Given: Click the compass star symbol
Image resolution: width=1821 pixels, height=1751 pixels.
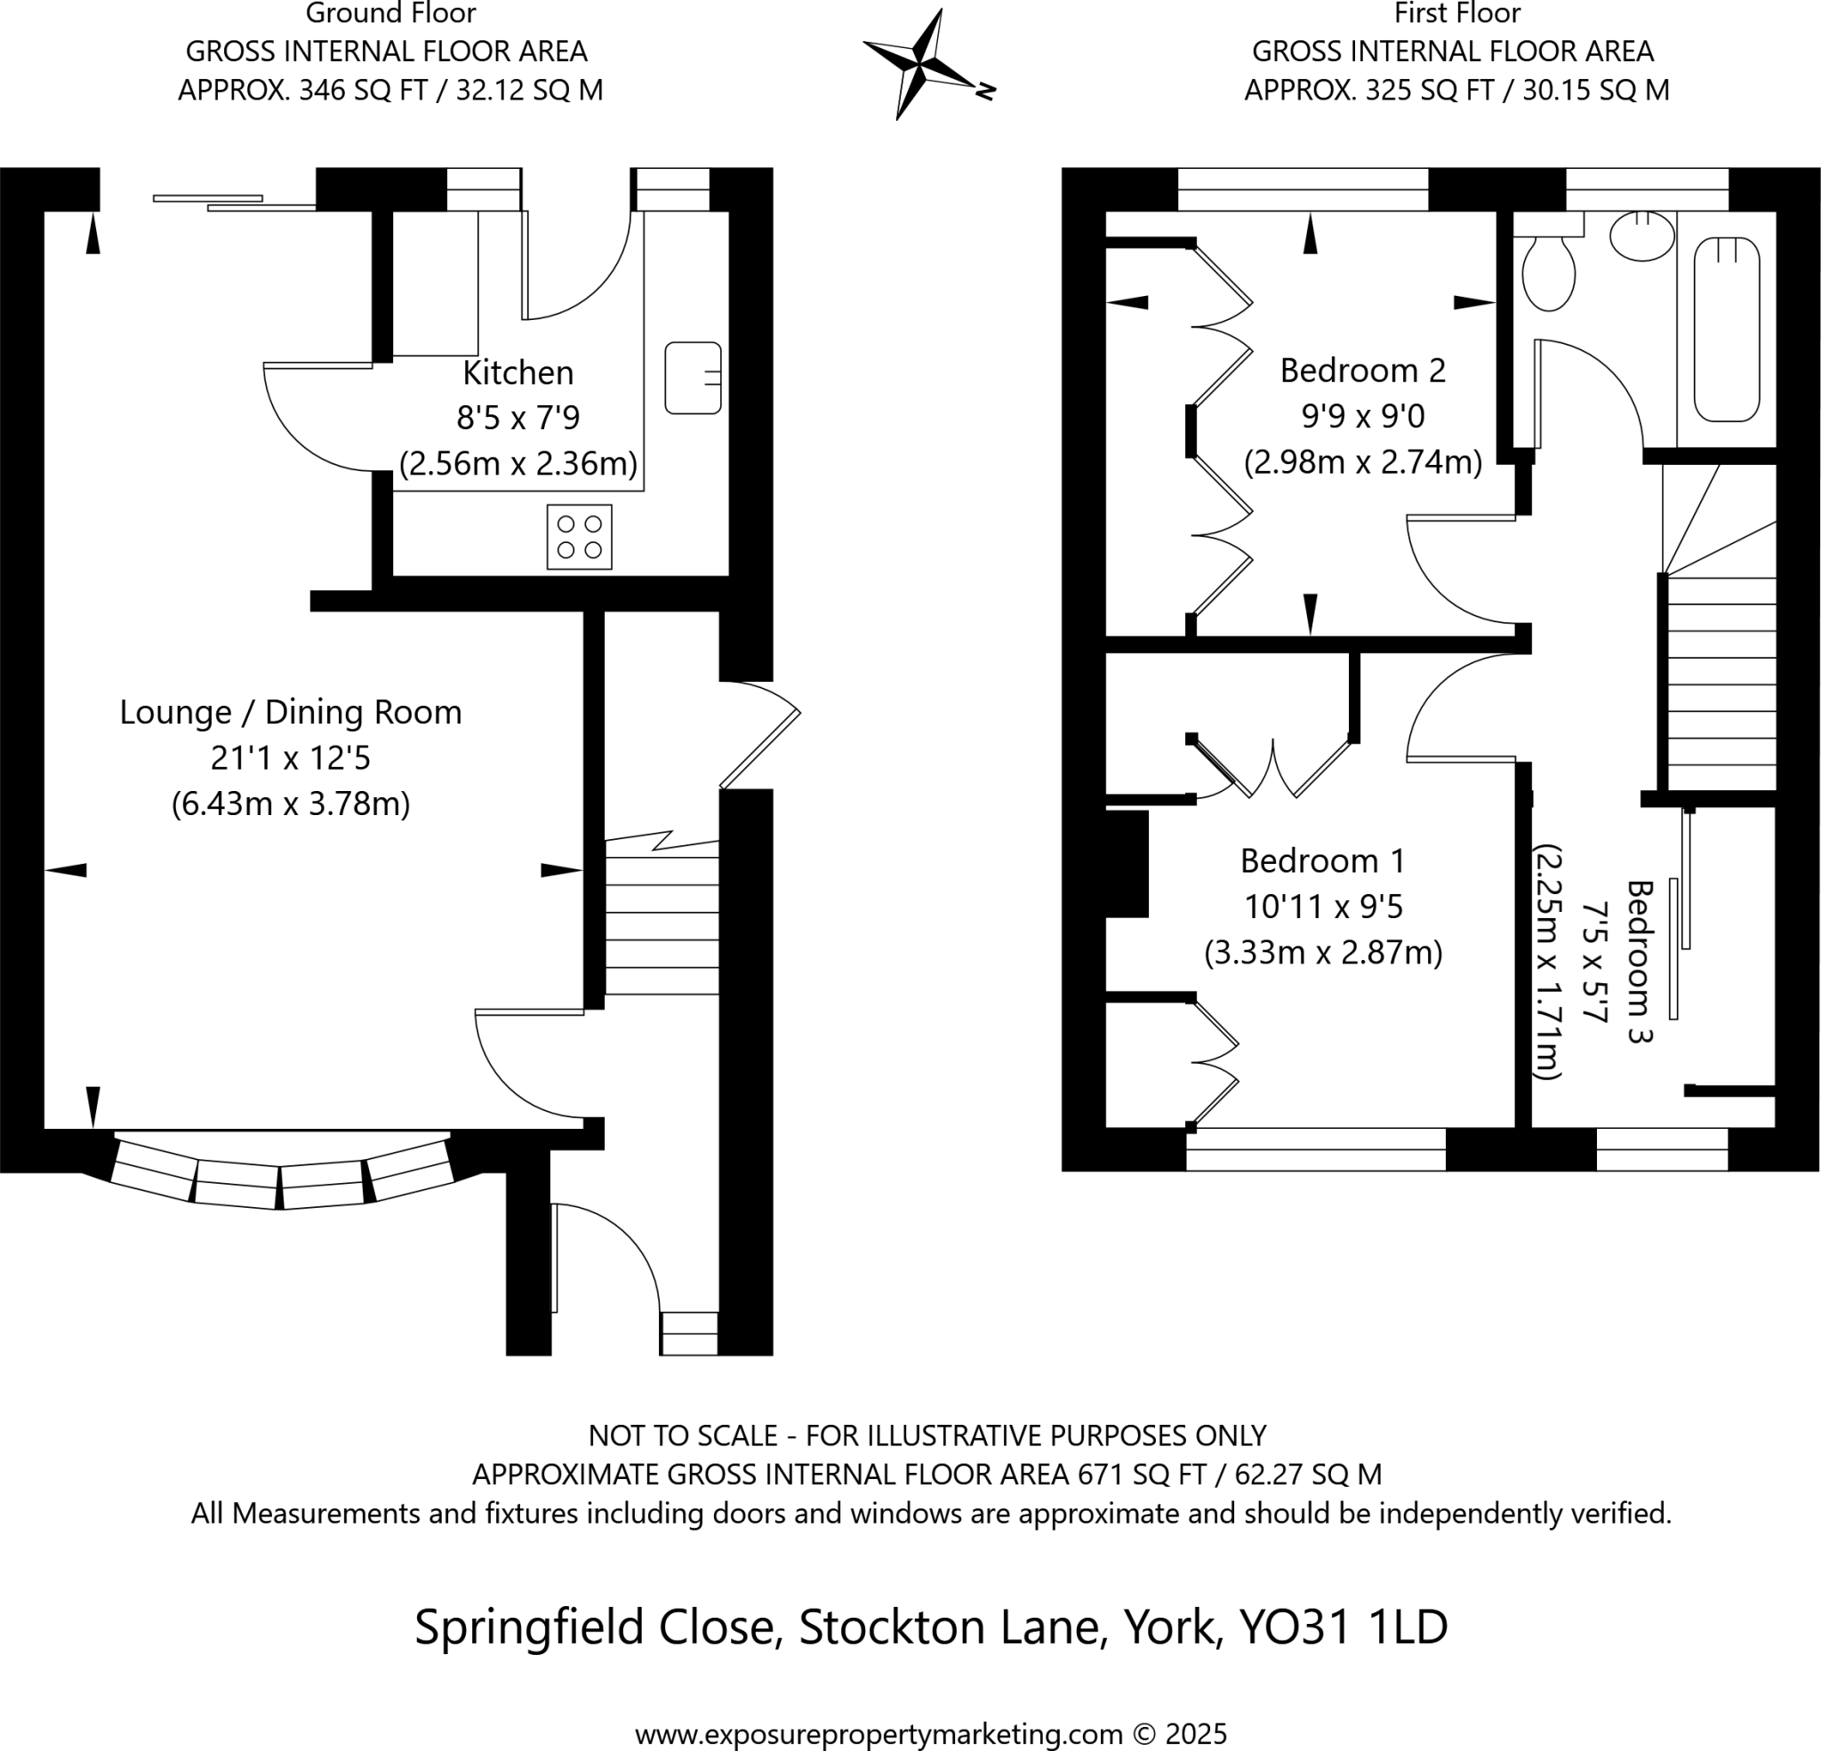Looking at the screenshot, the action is point(920,65).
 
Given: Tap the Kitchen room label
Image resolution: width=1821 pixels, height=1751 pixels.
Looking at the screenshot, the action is point(517,372).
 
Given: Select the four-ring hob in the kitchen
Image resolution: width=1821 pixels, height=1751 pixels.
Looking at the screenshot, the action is point(579,536).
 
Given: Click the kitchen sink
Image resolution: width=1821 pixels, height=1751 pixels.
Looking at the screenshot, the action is point(693,377).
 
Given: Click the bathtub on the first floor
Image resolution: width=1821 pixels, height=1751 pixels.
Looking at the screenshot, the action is point(1726,329).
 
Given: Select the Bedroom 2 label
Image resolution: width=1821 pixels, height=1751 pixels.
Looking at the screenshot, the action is point(1362,371).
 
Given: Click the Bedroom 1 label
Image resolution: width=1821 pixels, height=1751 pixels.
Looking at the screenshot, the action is point(1322,861).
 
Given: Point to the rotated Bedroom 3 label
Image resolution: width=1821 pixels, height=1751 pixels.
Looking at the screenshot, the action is point(1641,962).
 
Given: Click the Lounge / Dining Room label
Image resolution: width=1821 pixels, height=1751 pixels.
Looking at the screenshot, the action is point(291,713).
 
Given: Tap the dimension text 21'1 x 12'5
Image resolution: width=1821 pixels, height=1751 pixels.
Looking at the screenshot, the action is point(291,758).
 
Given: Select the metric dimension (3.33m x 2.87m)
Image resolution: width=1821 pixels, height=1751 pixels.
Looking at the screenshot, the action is point(1323,952).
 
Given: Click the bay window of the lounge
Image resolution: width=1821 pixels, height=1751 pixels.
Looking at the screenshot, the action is point(281,1172).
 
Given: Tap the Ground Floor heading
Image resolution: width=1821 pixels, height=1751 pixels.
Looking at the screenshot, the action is point(390,13).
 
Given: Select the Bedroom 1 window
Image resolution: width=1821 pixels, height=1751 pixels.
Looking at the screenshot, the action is point(1315,1149).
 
